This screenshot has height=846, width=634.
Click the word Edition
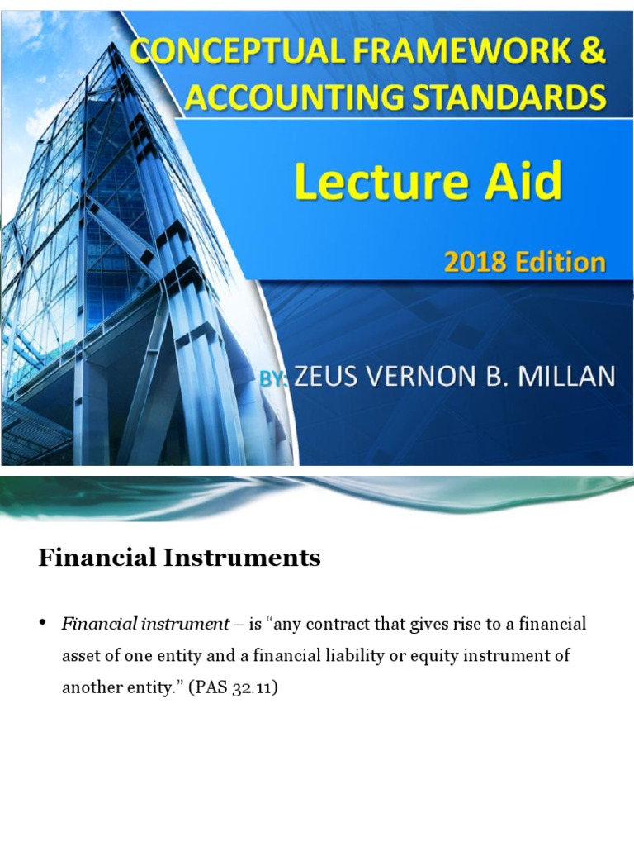tap(558, 263)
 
